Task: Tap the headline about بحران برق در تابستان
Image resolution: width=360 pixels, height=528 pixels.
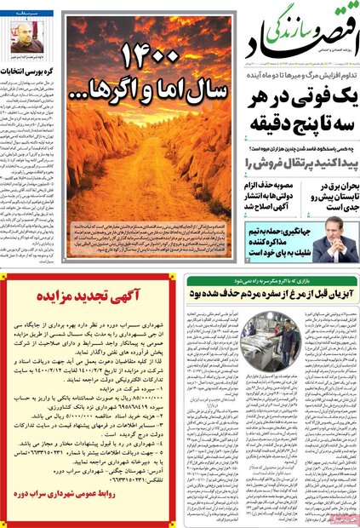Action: pyautogui.click(x=328, y=195)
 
